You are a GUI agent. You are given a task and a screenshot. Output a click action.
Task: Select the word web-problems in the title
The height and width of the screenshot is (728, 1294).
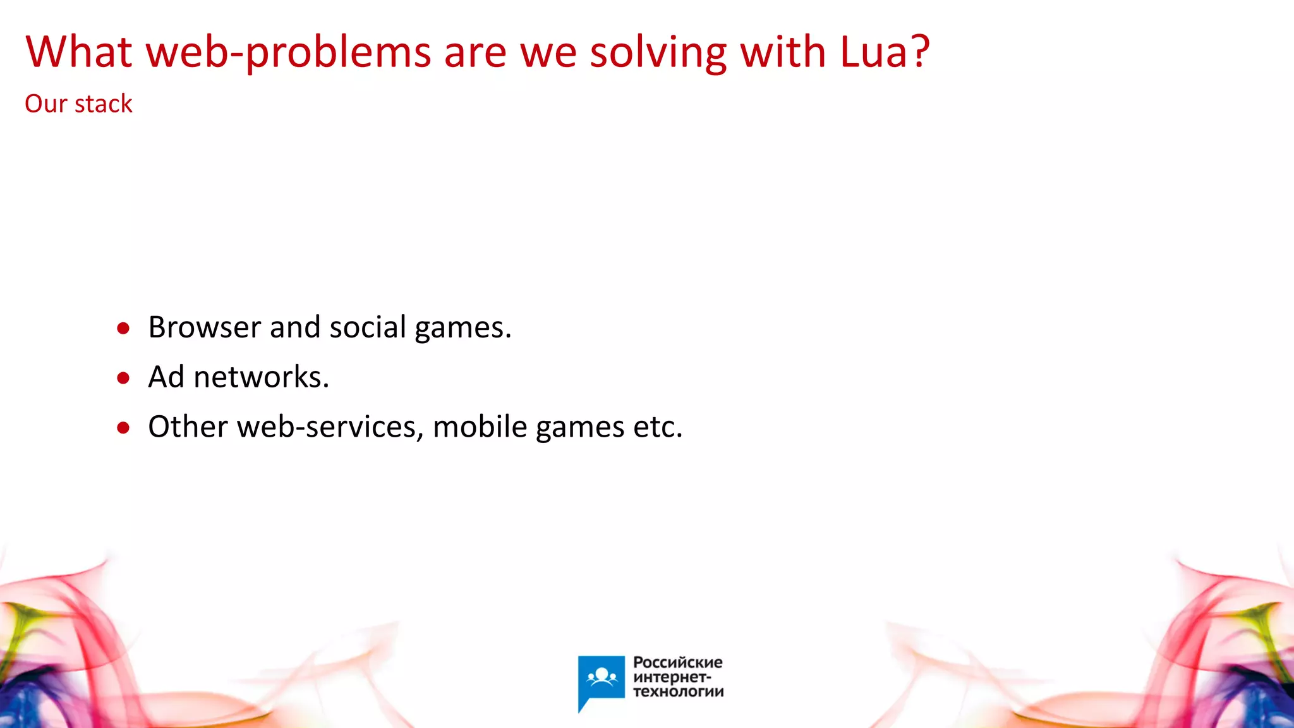pyautogui.click(x=289, y=53)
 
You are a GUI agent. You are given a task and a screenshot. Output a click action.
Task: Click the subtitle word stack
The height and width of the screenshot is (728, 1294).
pyautogui.click(x=104, y=104)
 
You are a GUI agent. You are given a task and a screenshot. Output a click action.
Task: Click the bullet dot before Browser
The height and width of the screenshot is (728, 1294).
pyautogui.click(x=123, y=328)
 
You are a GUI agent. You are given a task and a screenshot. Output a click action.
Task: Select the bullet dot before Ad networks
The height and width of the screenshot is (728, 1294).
pyautogui.click(x=123, y=378)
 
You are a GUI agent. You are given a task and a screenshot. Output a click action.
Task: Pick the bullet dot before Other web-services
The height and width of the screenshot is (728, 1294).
pyautogui.click(x=123, y=428)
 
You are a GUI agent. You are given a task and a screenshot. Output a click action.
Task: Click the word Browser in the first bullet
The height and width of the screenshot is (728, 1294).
pyautogui.click(x=205, y=327)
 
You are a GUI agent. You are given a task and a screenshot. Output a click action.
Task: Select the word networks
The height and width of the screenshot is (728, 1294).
pyautogui.click(x=261, y=377)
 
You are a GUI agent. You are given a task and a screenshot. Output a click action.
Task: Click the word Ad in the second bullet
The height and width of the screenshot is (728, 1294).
pyautogui.click(x=166, y=377)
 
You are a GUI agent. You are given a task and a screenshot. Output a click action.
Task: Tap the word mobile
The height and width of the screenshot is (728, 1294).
pyautogui.click(x=480, y=427)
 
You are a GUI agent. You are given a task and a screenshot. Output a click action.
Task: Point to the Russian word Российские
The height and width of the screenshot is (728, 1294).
pyautogui.click(x=677, y=662)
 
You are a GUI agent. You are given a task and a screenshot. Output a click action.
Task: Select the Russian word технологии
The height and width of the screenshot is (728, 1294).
pyautogui.click(x=678, y=691)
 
